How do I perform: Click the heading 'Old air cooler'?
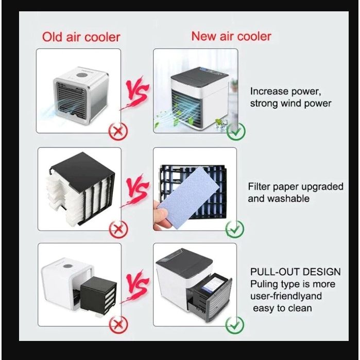point(81,37)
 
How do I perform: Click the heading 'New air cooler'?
point(231,36)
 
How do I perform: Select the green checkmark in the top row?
point(236,131)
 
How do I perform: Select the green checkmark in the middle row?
point(235,229)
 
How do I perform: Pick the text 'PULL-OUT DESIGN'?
point(295,271)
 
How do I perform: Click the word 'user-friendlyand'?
point(286,296)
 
